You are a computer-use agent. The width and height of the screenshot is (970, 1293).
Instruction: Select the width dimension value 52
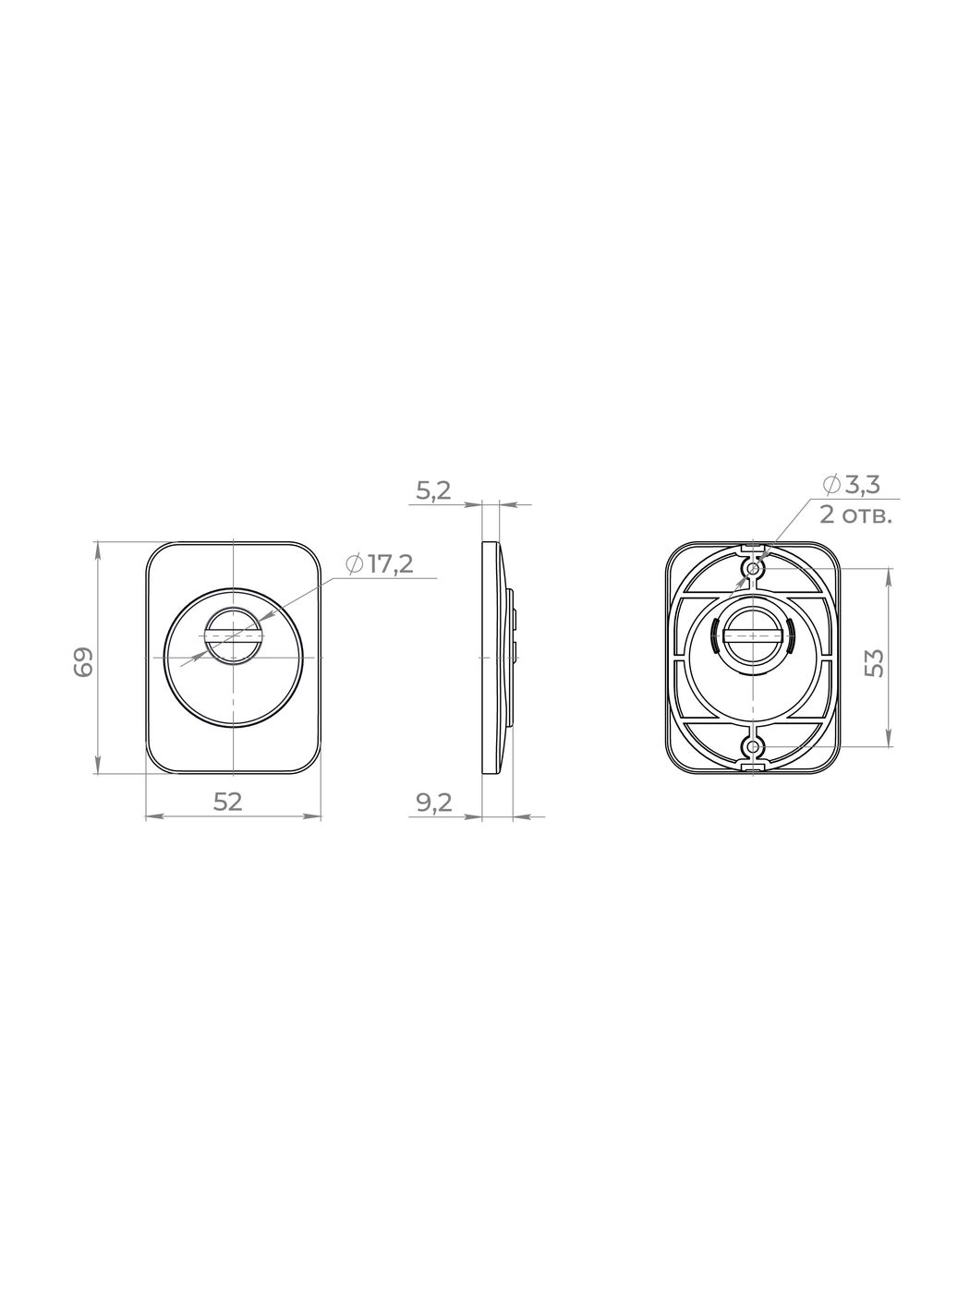[x=228, y=802]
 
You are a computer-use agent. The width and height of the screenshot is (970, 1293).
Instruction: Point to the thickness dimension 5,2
[x=433, y=490]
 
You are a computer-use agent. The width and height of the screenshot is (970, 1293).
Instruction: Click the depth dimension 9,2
[x=434, y=803]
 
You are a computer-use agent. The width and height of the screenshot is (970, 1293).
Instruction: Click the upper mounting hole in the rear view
[x=754, y=568]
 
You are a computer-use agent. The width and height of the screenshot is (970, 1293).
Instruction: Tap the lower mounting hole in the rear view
[x=754, y=747]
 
